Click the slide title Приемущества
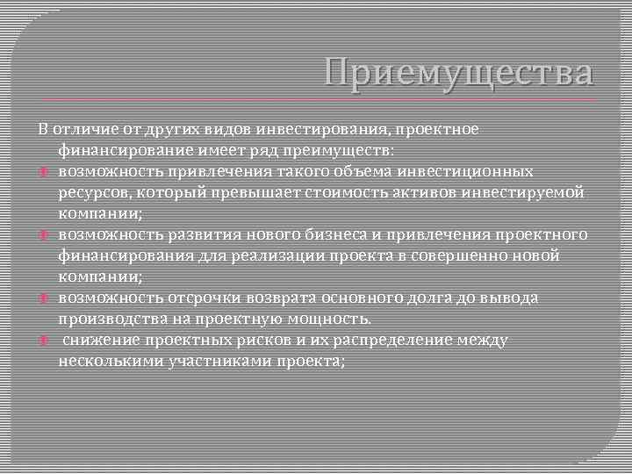[x=457, y=73]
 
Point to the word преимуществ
[x=344, y=151]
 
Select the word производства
[x=105, y=319]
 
